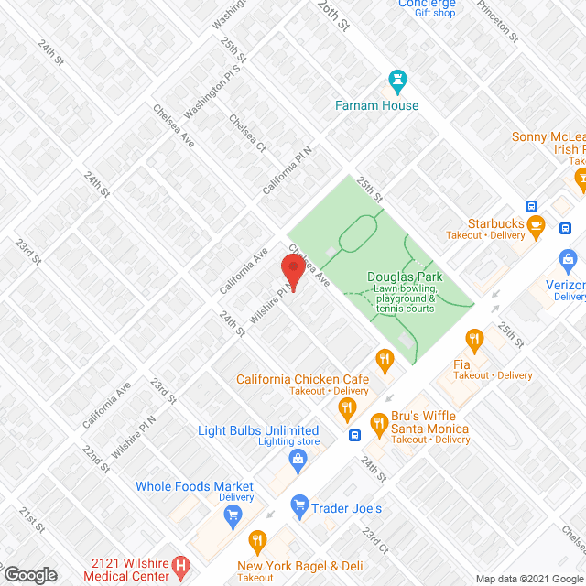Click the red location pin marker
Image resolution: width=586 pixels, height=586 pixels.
(292, 272)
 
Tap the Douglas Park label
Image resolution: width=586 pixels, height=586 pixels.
(406, 276)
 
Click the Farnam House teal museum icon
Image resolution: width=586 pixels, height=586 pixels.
(397, 81)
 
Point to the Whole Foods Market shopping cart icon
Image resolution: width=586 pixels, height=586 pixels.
(233, 515)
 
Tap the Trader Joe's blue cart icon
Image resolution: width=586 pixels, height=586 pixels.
(298, 503)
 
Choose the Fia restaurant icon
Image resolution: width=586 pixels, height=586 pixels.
(473, 342)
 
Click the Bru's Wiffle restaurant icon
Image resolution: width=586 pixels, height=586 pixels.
(377, 422)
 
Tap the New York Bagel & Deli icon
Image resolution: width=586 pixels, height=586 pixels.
(257, 540)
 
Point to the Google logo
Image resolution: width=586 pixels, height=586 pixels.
(29, 575)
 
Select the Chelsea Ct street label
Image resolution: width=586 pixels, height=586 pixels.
(247, 133)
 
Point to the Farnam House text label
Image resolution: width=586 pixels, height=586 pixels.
(376, 105)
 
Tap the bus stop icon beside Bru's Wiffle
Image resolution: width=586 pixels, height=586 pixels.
(353, 435)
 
